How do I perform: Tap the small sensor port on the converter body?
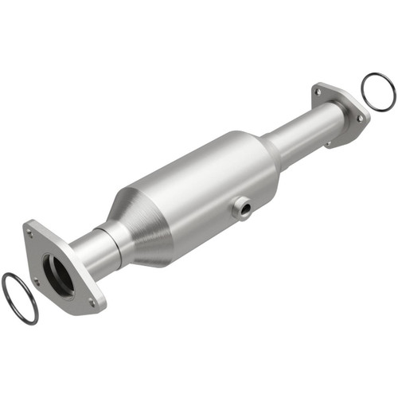[240, 209]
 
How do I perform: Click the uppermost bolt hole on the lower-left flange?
[30, 232]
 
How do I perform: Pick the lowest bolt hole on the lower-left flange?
[94, 302]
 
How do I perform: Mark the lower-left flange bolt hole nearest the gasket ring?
[36, 280]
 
